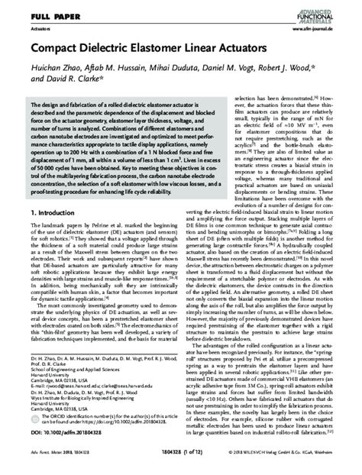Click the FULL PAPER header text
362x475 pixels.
tap(34, 13)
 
